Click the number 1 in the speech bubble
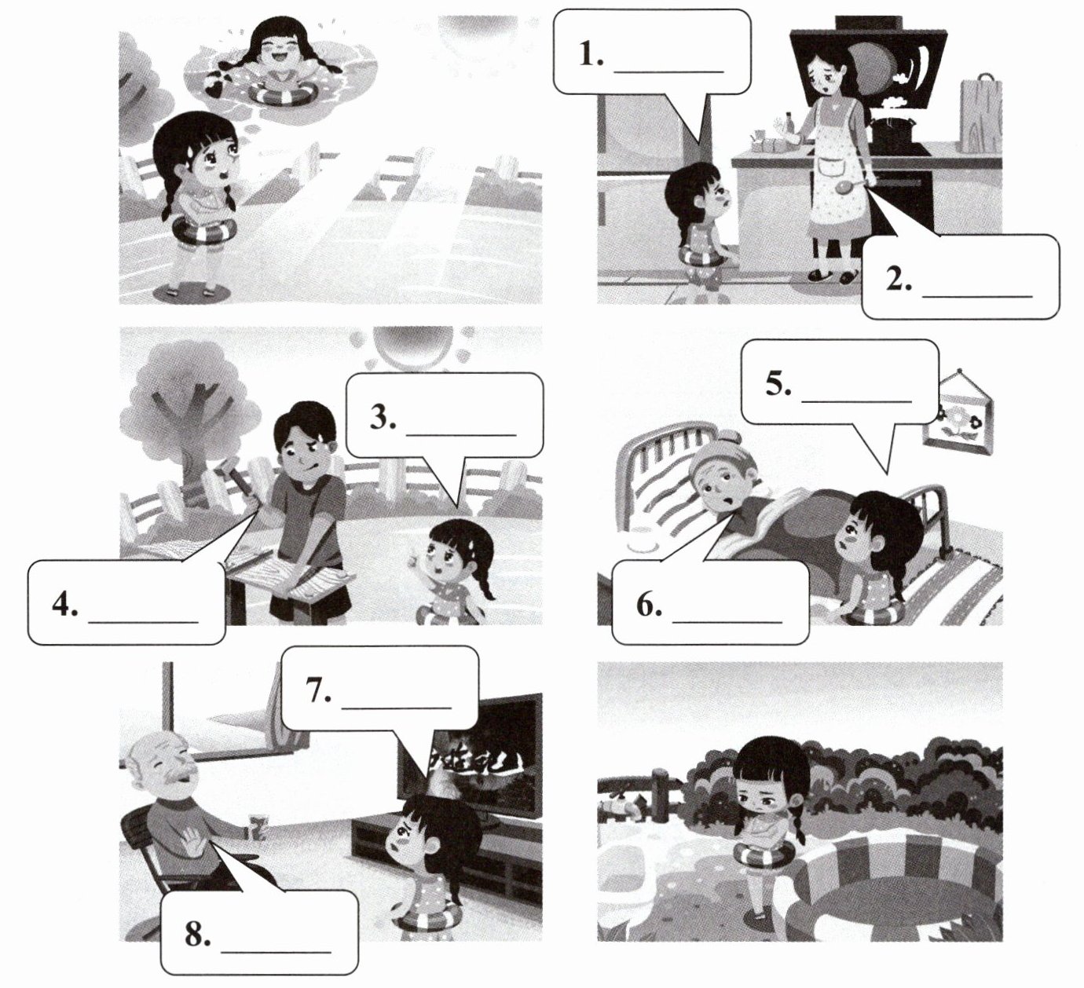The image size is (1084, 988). coord(591,56)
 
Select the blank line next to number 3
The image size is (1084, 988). coord(461,434)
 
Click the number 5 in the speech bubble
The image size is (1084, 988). coord(778,384)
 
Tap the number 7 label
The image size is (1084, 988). coord(319,690)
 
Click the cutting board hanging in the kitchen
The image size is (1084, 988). coord(981,114)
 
